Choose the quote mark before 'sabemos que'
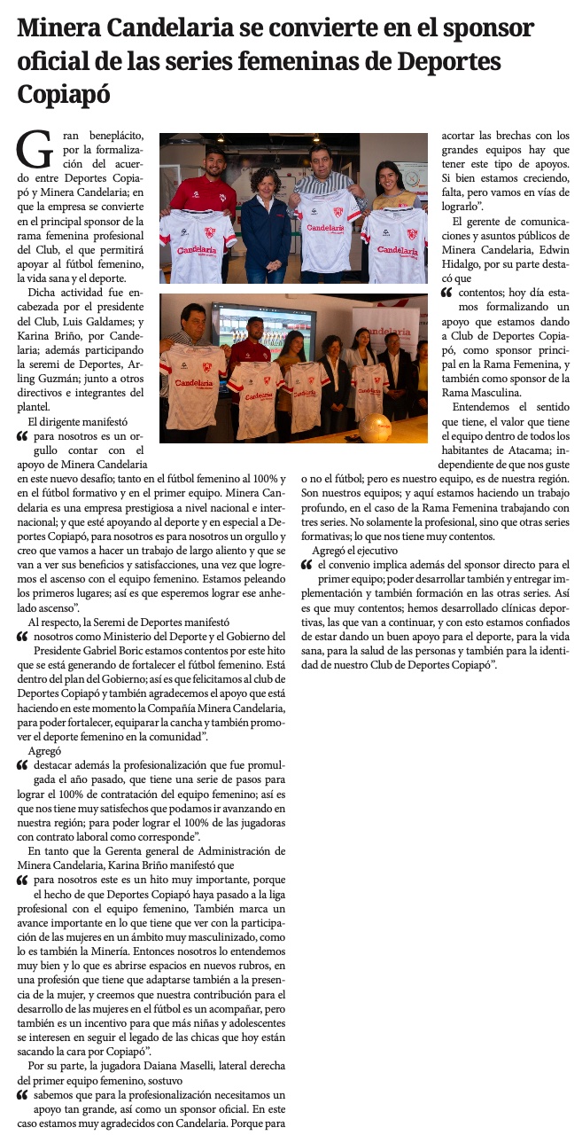click(23, 1096)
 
